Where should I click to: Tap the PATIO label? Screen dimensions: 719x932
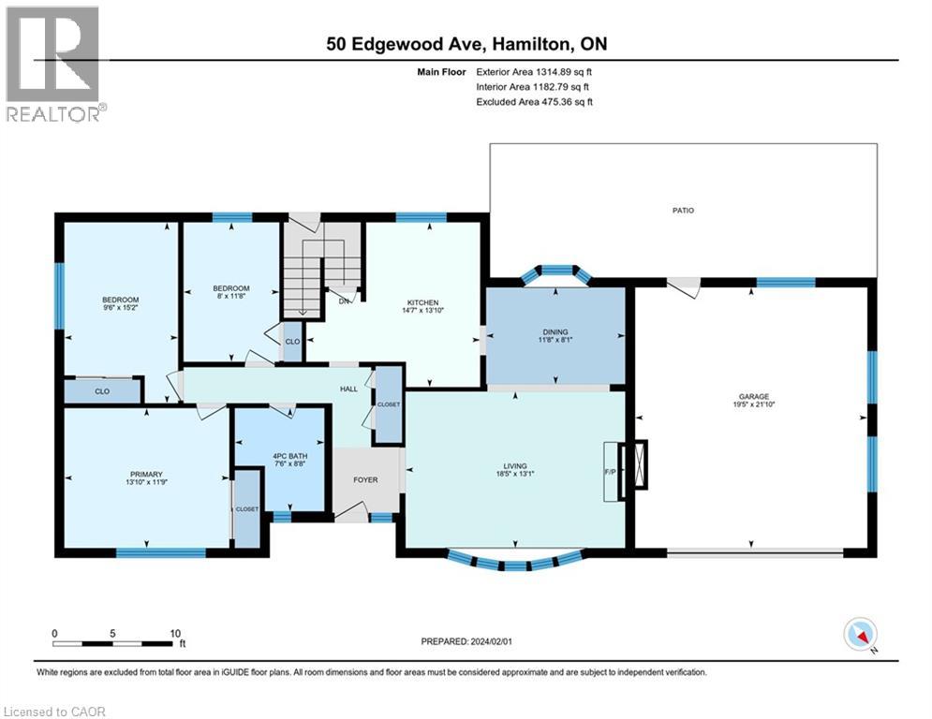click(682, 211)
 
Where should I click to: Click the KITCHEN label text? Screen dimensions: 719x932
click(422, 302)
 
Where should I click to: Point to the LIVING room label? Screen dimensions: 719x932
click(514, 465)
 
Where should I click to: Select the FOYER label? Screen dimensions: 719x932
click(365, 480)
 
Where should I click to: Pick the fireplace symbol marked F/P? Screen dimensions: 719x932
click(638, 465)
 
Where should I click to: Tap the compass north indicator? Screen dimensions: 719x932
click(860, 635)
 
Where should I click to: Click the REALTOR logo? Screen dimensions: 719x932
click(53, 64)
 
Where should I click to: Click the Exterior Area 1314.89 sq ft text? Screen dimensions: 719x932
click(535, 70)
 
